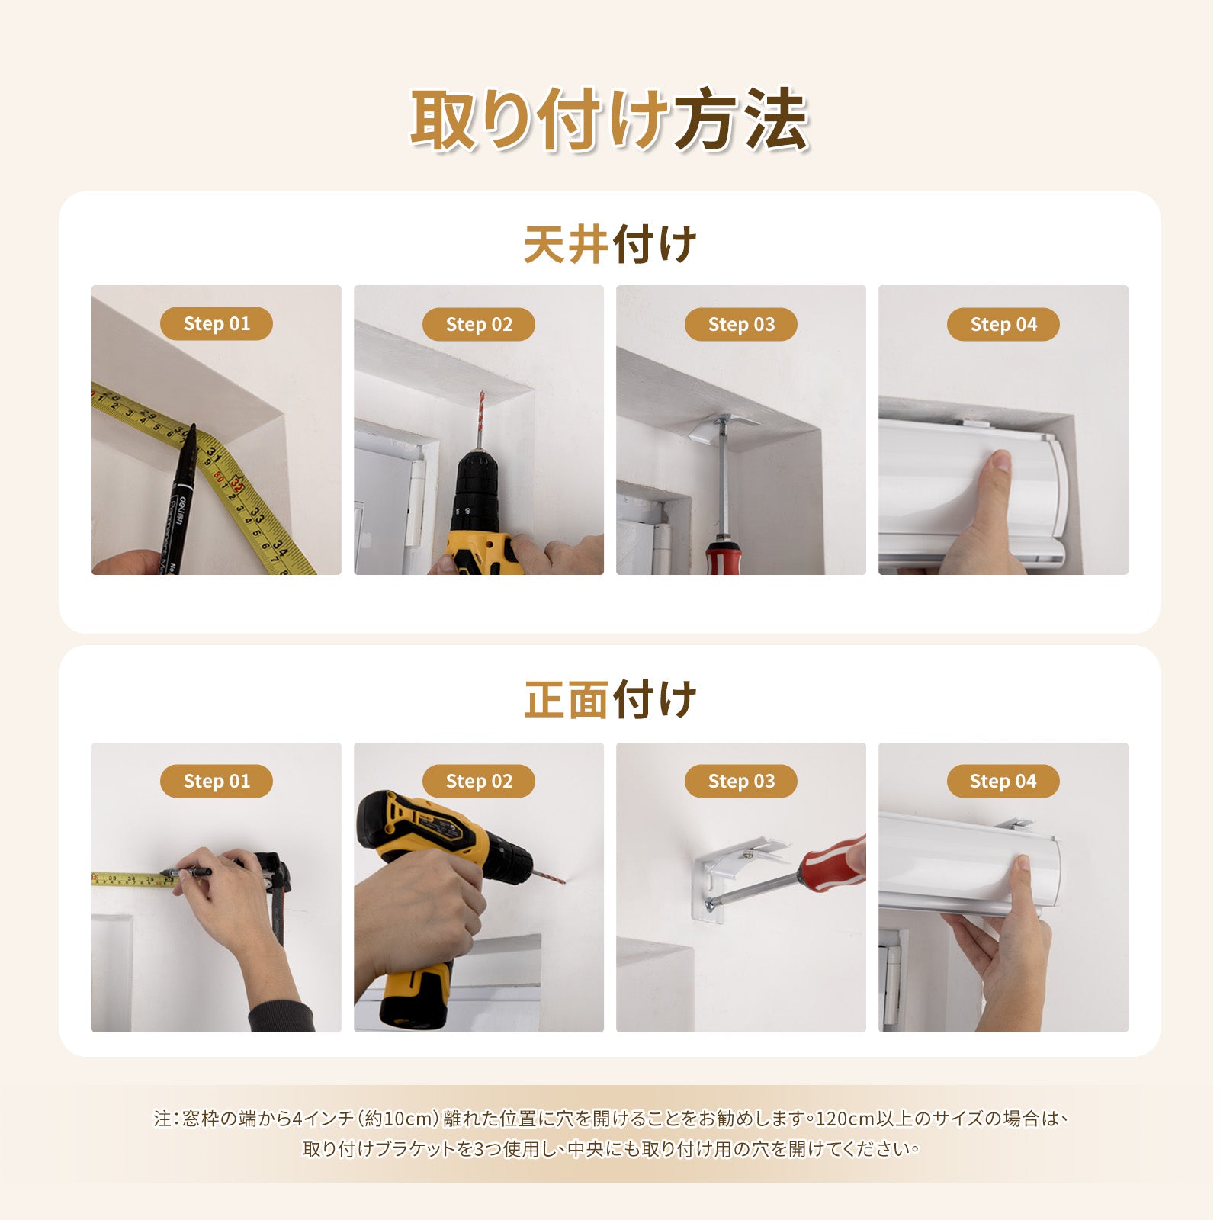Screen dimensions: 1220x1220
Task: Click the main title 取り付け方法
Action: pos(610,120)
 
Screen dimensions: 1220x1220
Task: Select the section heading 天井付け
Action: pos(610,244)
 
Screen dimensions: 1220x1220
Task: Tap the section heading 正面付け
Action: pos(610,700)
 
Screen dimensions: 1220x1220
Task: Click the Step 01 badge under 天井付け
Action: pos(217,324)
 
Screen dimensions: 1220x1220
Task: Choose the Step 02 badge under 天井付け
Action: pos(479,325)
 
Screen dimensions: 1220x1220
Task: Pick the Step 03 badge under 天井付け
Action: pos(741,325)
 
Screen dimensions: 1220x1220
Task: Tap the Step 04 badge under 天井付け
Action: pos(1003,325)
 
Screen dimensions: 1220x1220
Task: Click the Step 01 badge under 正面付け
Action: pos(217,781)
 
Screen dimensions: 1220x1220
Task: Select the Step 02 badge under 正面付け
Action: pos(479,781)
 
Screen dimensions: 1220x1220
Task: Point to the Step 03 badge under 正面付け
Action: pos(741,781)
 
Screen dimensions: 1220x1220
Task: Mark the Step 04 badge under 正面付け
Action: pos(1003,781)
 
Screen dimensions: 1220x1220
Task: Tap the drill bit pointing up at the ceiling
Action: pos(479,420)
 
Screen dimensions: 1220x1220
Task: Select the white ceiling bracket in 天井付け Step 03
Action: pos(724,426)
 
